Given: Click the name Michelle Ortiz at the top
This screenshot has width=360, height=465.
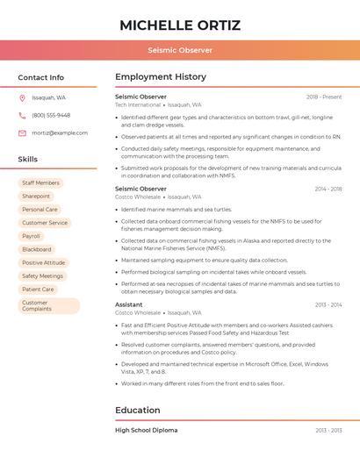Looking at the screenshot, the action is pyautogui.click(x=180, y=25).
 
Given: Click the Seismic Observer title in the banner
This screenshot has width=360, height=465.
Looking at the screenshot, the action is pyautogui.click(x=180, y=50).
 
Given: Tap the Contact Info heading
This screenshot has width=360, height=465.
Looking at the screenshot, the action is pyautogui.click(x=40, y=77).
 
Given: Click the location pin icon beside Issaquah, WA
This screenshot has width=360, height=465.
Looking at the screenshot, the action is pyautogui.click(x=22, y=97).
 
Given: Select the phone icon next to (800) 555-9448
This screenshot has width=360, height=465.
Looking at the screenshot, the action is pyautogui.click(x=22, y=115).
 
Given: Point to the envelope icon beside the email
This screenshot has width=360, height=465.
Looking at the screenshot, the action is pyautogui.click(x=22, y=132).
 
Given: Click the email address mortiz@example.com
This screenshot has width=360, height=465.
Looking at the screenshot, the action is pyautogui.click(x=60, y=132).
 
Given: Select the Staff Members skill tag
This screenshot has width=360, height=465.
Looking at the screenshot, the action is pyautogui.click(x=40, y=183).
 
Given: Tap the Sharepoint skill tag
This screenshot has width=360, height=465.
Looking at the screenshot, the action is pyautogui.click(x=36, y=197).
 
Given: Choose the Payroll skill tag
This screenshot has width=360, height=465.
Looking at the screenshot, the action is pyautogui.click(x=31, y=236).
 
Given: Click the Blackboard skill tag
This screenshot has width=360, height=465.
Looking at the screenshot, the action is pyautogui.click(x=36, y=249).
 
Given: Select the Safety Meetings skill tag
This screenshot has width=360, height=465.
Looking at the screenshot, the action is pyautogui.click(x=42, y=275).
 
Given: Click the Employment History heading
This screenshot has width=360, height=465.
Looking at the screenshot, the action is pyautogui.click(x=161, y=77).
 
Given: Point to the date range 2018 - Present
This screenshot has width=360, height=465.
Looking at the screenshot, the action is pyautogui.click(x=324, y=97).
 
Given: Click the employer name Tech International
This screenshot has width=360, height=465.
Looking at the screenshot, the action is pyautogui.click(x=138, y=104).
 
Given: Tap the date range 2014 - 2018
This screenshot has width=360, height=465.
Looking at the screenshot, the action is pyautogui.click(x=328, y=189).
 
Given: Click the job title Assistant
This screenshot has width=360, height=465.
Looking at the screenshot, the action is pyautogui.click(x=129, y=304).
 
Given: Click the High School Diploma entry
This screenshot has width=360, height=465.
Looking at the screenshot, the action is pyautogui.click(x=147, y=430).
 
